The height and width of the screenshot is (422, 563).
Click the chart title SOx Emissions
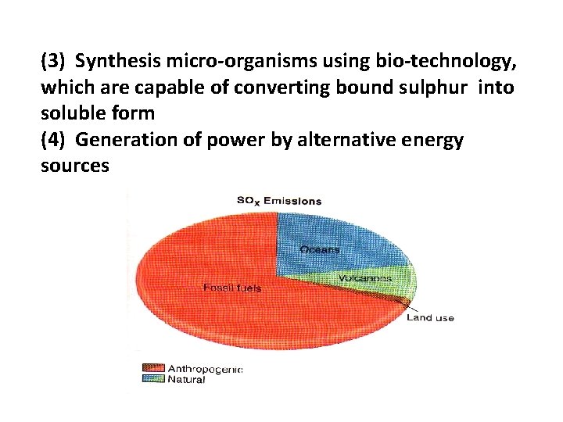click(x=279, y=201)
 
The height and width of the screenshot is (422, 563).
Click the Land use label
click(x=430, y=318)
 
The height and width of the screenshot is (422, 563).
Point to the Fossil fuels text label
click(x=232, y=288)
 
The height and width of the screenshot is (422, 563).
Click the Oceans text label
click(x=320, y=249)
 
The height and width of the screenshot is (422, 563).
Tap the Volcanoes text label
click(x=364, y=278)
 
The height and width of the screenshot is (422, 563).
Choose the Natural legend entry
click(x=186, y=380)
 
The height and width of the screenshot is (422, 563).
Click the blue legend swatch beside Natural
click(x=153, y=380)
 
